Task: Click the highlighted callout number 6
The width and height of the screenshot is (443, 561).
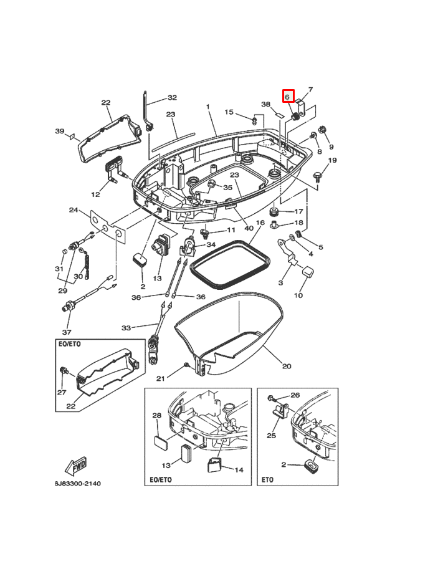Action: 288,97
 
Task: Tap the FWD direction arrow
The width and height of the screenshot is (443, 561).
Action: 75,466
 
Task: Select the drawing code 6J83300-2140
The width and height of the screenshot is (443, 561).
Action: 77,484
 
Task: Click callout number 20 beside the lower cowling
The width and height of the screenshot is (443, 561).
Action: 287,366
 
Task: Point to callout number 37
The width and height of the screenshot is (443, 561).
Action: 67,332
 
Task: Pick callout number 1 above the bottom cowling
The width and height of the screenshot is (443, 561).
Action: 208,107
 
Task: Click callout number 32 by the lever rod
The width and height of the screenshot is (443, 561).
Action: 172,98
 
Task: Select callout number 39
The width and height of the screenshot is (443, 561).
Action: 60,131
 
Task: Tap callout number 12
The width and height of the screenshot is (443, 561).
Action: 95,194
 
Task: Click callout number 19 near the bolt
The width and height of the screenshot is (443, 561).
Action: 332,161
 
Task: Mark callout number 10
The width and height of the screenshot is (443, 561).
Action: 298,295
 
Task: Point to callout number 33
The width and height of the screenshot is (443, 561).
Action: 126,327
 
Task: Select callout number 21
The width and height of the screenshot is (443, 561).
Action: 160,378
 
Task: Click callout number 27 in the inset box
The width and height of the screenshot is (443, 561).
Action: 62,393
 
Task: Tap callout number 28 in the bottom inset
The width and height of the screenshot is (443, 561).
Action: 157,415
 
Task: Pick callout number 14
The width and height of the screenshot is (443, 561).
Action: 238,470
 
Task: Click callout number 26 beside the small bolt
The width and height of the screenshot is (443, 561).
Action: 295,395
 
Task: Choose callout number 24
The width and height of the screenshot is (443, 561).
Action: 73,210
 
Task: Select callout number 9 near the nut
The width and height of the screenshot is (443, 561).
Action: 331,147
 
